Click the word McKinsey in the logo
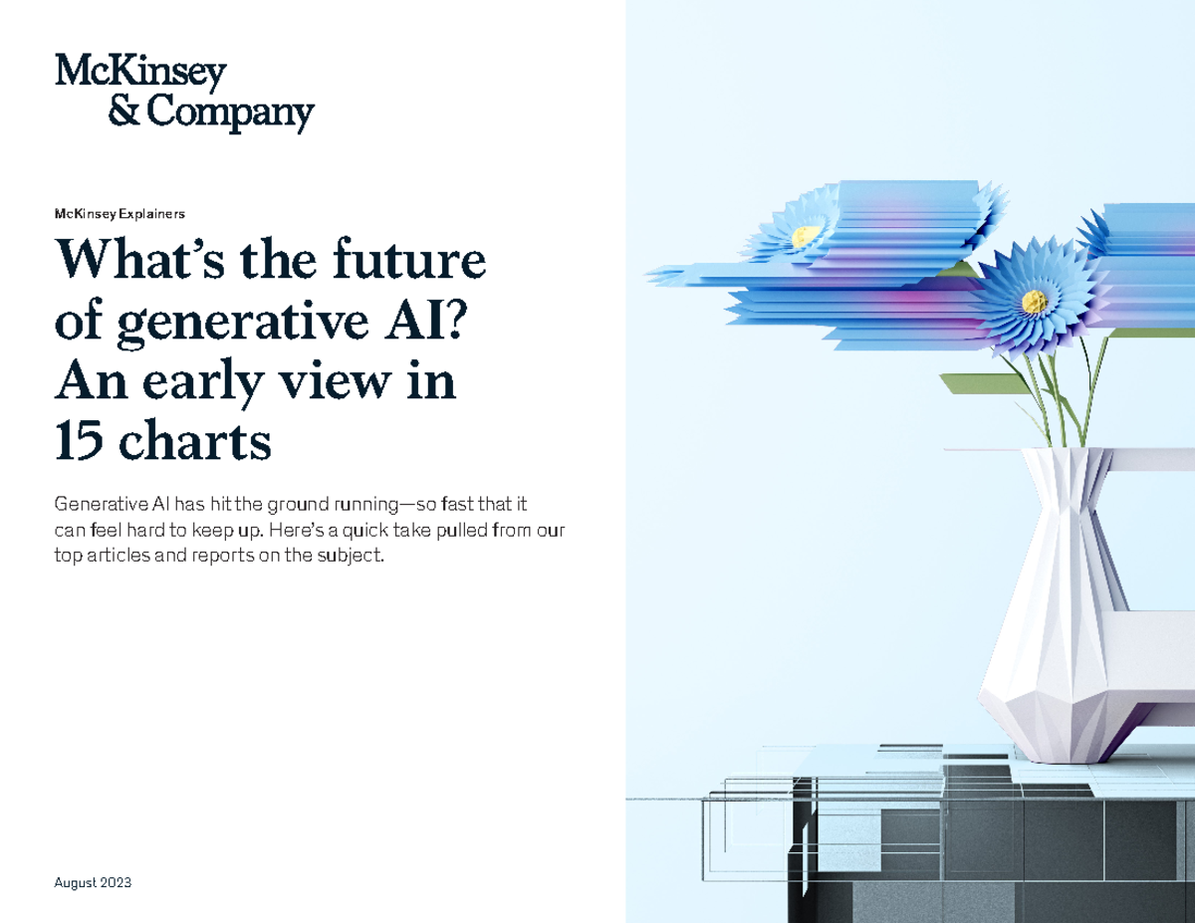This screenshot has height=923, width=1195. coord(140,73)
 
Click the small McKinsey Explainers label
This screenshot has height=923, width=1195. coord(120,213)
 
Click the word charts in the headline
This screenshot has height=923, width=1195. coord(196,443)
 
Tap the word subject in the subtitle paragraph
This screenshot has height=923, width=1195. coord(348,556)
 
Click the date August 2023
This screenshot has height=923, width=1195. coord(94,883)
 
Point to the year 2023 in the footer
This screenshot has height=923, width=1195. coord(115,883)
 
